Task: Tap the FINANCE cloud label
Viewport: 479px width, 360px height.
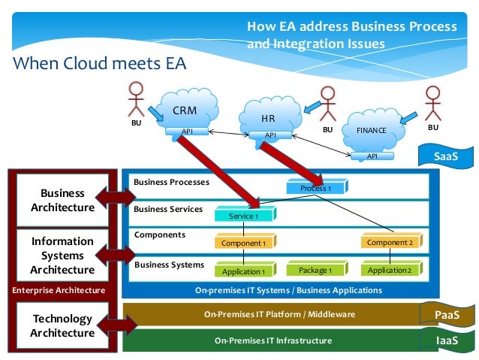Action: pyautogui.click(x=371, y=130)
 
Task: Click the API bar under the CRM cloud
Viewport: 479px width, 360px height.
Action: pyautogui.click(x=187, y=132)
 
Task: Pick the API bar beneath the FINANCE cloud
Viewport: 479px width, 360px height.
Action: pyautogui.click(x=372, y=156)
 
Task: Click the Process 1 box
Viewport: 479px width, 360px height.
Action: pyautogui.click(x=317, y=186)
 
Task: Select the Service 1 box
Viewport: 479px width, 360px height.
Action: pyautogui.click(x=246, y=214)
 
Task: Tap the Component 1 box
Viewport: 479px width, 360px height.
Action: pyautogui.click(x=246, y=241)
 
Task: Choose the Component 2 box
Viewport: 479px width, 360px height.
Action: pyautogui.click(x=392, y=241)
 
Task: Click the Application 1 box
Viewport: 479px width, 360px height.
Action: pyautogui.click(x=246, y=270)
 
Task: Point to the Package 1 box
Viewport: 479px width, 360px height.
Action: pyautogui.click(x=317, y=268)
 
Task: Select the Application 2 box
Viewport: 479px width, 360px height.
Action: pyautogui.click(x=392, y=268)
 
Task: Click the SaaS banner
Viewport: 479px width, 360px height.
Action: pyautogui.click(x=446, y=156)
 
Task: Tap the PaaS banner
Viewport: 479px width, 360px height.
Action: pyautogui.click(x=447, y=314)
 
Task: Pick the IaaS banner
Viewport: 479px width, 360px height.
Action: pyautogui.click(x=447, y=340)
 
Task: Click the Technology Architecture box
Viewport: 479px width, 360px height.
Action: pyautogui.click(x=62, y=325)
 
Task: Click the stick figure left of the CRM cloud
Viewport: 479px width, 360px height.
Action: pyautogui.click(x=136, y=99)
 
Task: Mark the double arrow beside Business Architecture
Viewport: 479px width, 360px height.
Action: pyautogui.click(x=116, y=198)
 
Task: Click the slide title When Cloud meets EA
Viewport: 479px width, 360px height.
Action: pyautogui.click(x=100, y=63)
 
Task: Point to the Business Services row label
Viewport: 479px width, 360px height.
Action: pyautogui.click(x=168, y=209)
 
